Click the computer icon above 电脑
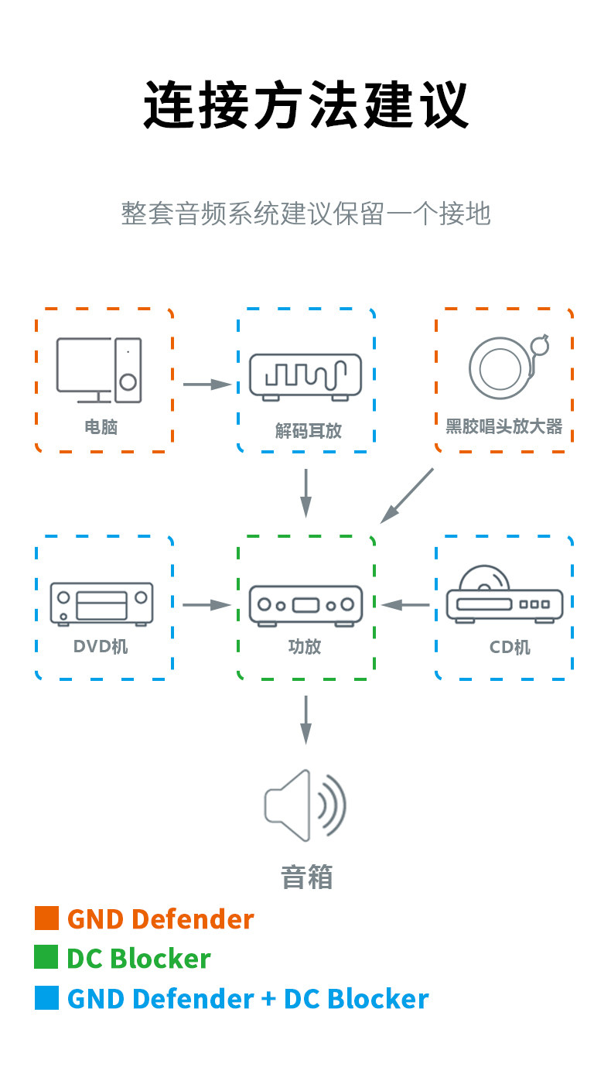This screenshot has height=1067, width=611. [99, 370]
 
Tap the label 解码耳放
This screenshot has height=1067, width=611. [308, 431]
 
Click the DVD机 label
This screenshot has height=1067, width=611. [101, 646]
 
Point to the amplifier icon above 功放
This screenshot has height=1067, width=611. [305, 605]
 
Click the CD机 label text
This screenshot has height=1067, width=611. [510, 648]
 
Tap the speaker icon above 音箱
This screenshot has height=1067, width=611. [305, 805]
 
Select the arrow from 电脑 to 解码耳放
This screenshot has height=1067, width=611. [207, 384]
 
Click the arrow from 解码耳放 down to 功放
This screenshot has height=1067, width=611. [305, 493]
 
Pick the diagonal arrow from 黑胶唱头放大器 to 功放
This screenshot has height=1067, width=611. [407, 495]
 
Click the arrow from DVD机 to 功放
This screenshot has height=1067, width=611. [207, 605]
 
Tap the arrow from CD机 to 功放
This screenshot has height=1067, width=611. [405, 605]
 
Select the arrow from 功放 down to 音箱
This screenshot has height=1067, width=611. [305, 720]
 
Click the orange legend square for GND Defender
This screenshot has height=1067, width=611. [46, 918]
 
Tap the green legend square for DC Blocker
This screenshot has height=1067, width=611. [46, 957]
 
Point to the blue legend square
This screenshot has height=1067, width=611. [46, 997]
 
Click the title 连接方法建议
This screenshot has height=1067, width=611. [305, 104]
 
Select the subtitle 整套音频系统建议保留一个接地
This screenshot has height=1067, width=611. [305, 214]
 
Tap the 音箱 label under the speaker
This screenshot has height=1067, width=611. [307, 877]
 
